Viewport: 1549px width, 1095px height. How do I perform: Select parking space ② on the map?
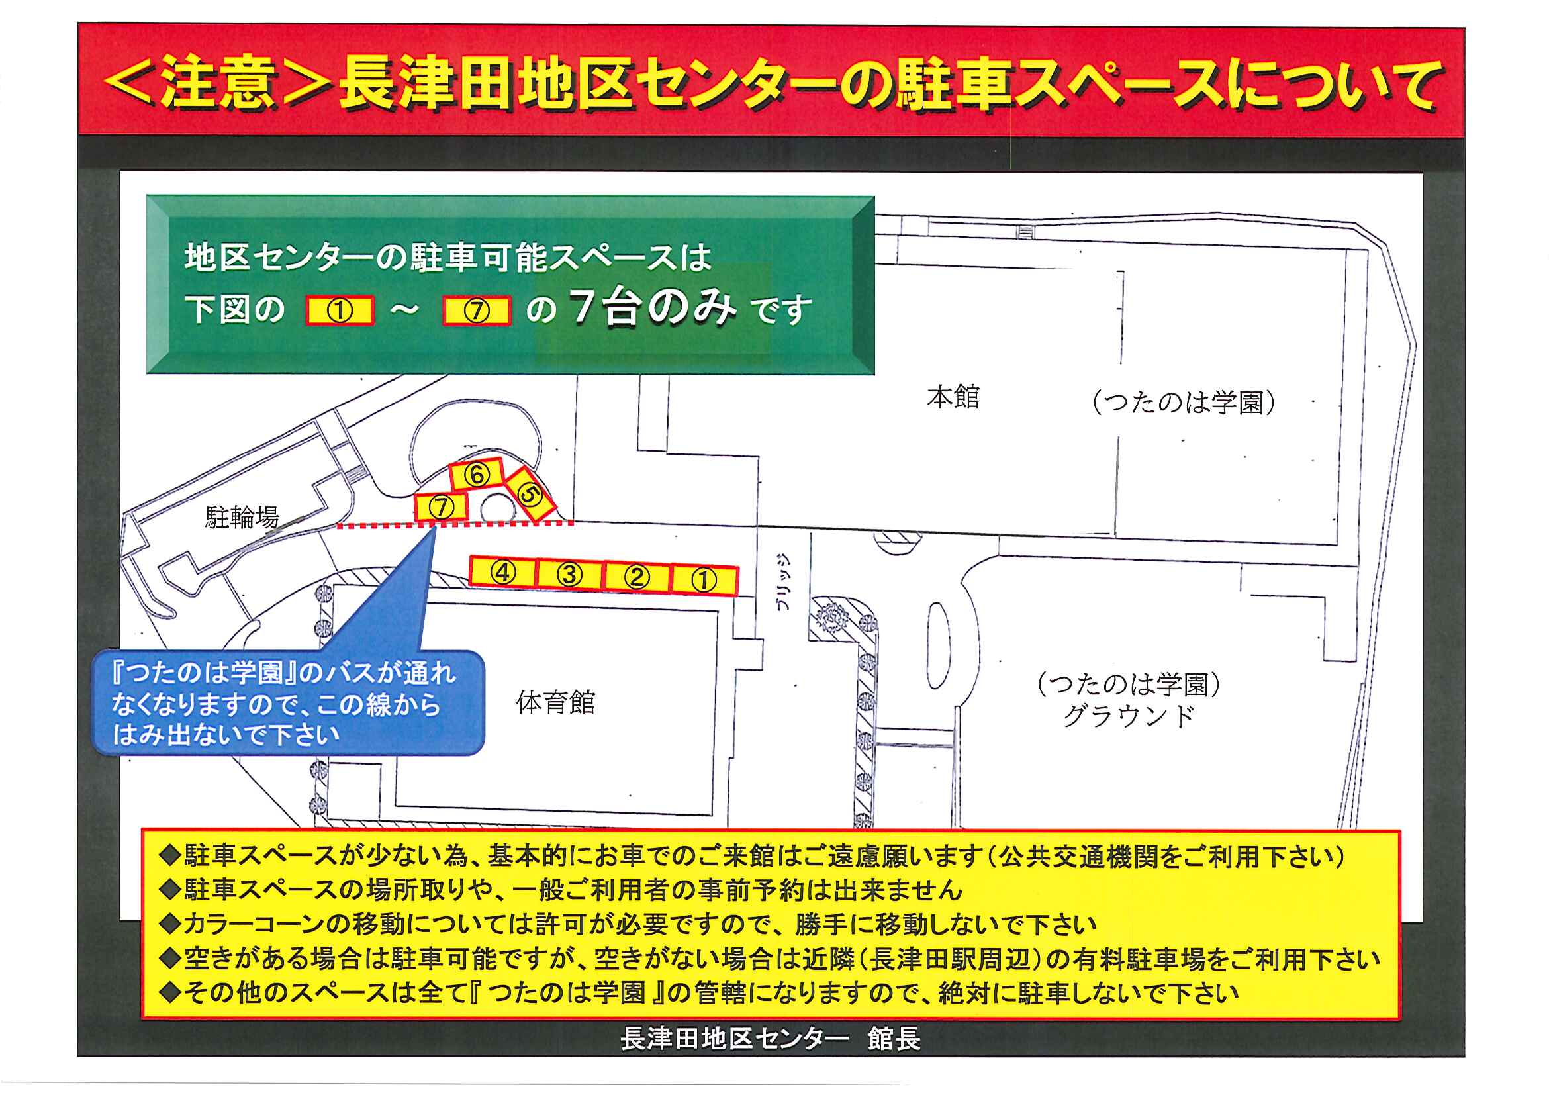(637, 577)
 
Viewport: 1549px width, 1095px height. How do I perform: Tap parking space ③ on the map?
(569, 575)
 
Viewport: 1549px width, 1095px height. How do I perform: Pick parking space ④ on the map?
(502, 572)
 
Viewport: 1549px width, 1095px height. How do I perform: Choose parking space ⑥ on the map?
(477, 474)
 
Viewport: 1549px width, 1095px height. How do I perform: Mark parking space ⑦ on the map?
(442, 506)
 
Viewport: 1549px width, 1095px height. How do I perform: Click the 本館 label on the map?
(953, 397)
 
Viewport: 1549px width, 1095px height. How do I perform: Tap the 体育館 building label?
(555, 703)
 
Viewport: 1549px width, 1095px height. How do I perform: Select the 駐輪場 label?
(242, 518)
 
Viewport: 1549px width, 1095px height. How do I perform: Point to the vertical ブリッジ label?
(783, 581)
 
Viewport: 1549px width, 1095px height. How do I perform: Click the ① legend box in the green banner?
(340, 311)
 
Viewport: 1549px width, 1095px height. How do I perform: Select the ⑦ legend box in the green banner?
(477, 311)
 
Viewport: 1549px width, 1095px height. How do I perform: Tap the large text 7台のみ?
(653, 308)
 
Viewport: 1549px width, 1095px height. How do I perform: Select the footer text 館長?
(894, 1038)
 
